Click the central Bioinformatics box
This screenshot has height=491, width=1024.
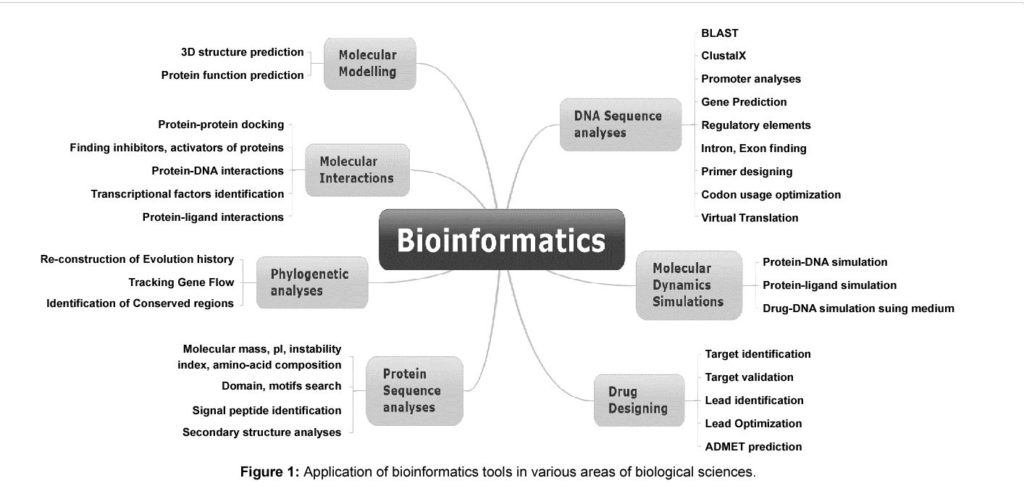(501, 240)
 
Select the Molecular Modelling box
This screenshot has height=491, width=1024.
(369, 64)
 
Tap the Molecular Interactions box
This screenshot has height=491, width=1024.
(357, 170)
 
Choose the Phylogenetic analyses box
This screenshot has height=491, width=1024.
(311, 282)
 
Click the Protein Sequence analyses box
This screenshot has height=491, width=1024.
(414, 390)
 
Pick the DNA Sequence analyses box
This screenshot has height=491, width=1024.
(620, 125)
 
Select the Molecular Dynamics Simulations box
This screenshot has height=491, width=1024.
(689, 285)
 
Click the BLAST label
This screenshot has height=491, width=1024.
(720, 33)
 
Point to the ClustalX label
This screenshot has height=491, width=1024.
(723, 55)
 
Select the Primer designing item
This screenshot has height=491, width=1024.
(747, 172)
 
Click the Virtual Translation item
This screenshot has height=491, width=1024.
(750, 217)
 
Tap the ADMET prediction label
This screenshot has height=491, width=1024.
(753, 447)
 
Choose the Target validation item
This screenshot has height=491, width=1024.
(749, 377)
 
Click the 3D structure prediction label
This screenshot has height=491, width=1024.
(242, 52)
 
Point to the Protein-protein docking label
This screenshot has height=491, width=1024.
(221, 125)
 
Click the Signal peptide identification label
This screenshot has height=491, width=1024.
(267, 411)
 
